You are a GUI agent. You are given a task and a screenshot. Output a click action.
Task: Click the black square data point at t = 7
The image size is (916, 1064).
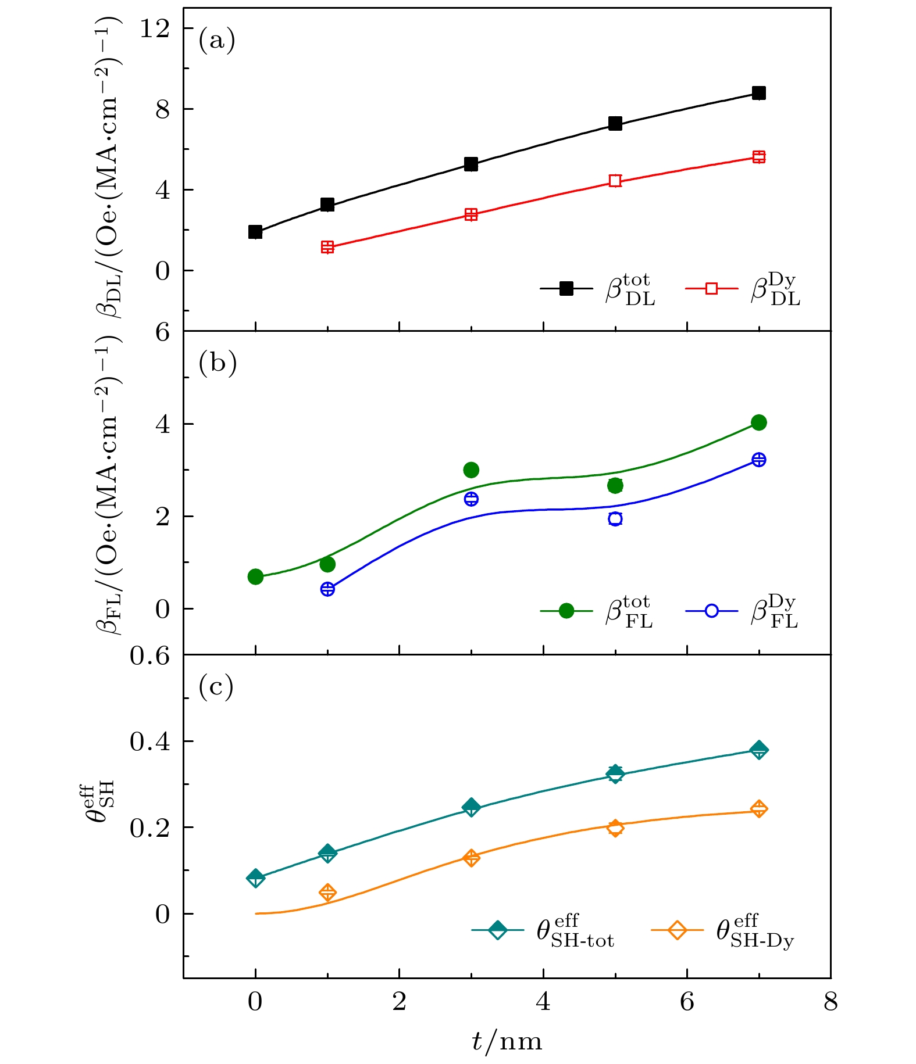coord(758,93)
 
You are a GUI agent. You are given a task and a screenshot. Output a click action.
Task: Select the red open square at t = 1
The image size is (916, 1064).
coord(327,247)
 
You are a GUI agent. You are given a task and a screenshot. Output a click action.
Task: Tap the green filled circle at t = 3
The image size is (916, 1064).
coord(471,470)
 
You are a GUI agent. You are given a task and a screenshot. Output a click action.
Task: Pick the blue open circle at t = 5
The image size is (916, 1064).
coord(615,518)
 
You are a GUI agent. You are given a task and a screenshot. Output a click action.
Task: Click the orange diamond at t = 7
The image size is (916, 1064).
coord(758,809)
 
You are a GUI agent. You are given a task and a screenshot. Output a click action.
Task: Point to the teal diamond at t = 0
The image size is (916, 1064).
coord(255,877)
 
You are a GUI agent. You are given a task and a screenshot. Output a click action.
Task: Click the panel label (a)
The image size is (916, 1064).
coord(217,41)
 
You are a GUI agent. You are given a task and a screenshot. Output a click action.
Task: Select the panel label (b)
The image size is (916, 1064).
coord(218,363)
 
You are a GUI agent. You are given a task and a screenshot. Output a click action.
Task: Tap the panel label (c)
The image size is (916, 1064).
coord(216,686)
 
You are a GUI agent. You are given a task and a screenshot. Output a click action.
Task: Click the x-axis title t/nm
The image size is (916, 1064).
coord(507,1041)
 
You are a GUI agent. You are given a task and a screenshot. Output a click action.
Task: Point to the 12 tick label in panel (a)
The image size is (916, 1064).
coord(154,28)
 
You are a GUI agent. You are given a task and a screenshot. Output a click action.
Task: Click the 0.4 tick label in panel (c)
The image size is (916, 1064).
coord(149,741)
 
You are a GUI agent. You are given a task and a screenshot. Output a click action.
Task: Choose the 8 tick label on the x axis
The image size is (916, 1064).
coord(831,1002)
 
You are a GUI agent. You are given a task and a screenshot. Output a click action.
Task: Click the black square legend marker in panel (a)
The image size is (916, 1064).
coord(566,288)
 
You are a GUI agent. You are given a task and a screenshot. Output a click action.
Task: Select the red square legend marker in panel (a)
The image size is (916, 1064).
coord(711,288)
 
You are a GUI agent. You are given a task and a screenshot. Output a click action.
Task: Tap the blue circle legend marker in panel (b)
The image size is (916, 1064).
coord(711,611)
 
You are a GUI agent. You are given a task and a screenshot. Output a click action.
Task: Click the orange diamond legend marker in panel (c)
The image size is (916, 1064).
coord(677,930)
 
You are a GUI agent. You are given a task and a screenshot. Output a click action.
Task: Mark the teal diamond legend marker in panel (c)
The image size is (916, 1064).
coord(498,930)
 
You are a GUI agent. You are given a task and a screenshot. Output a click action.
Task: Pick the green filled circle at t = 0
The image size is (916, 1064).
coord(255,576)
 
